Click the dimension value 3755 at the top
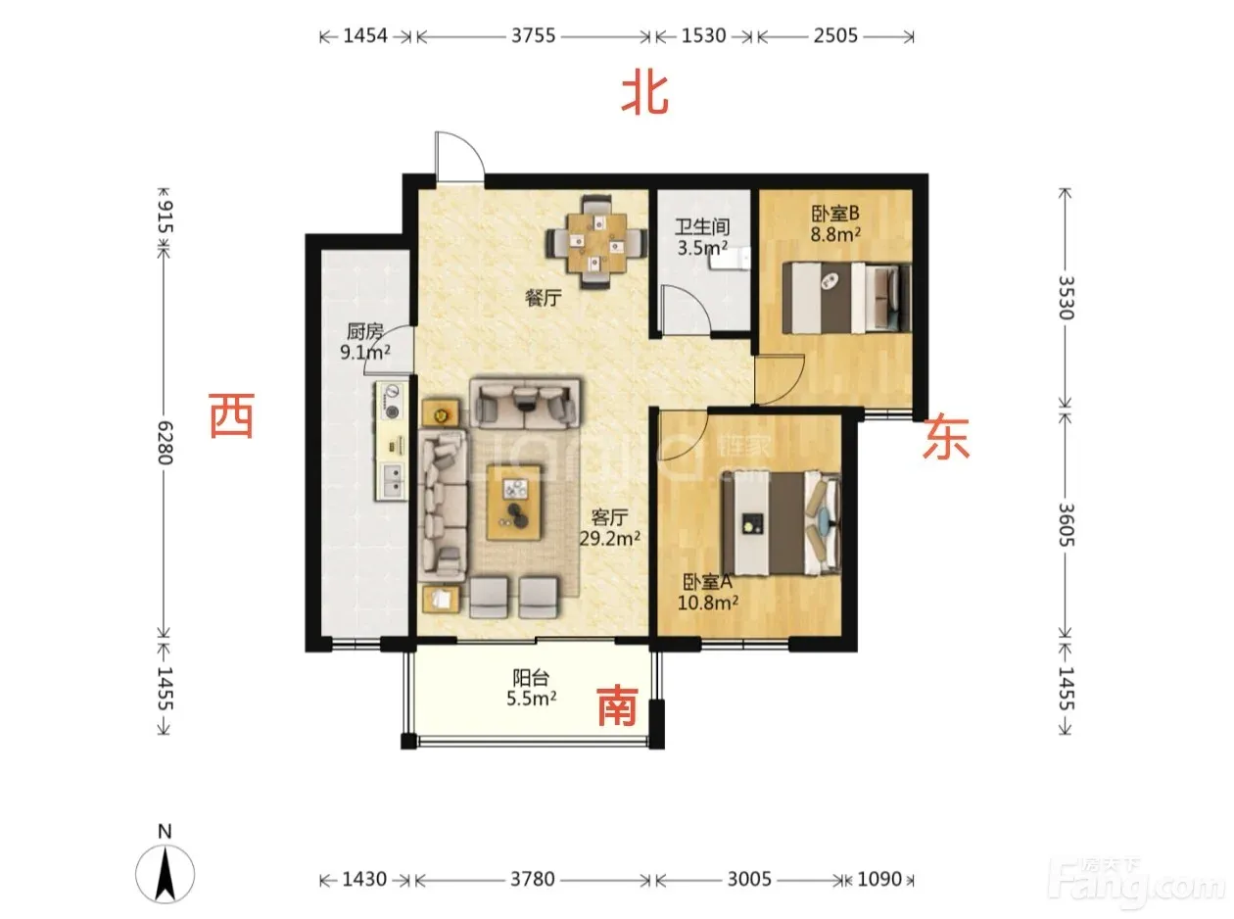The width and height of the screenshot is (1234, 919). pos(533,35)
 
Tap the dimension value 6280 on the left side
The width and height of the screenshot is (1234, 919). pos(166,443)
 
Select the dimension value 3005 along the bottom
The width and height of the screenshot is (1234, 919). pos(749,879)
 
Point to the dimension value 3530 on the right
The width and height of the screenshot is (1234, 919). pos(1066,298)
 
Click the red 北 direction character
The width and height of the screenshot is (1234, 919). pos(644,95)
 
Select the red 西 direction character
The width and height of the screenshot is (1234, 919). pos(231,415)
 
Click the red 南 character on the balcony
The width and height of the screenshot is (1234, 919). pos(617,705)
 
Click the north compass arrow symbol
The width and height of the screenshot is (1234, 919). pos(165,874)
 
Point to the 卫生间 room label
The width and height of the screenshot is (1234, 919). pos(702,226)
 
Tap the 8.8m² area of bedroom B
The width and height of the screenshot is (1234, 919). pos(835,234)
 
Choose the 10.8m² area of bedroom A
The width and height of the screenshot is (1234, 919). pos(708,603)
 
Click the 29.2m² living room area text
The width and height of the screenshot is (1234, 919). pos(610,538)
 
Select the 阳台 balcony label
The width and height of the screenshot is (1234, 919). pos(531,677)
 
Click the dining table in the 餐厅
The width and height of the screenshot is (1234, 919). pos(596,242)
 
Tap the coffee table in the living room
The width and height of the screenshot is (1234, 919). pos(513,502)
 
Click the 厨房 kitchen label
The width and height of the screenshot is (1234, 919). pos(365,332)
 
